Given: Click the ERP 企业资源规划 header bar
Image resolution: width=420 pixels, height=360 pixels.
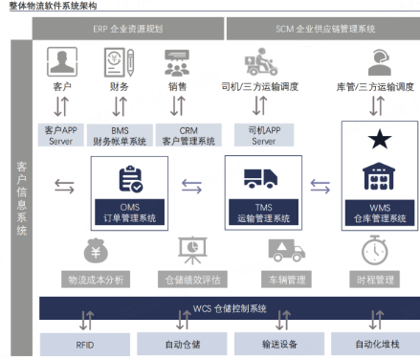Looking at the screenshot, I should pos(128,30).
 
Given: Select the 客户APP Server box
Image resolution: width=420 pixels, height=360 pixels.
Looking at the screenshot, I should pos(61,134).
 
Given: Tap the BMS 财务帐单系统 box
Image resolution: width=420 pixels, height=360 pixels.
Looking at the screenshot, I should pos(119,134).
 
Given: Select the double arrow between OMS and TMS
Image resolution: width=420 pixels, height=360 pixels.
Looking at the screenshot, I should pos(191,187).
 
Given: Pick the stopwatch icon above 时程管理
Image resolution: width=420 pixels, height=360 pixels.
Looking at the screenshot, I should pos(374,250).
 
